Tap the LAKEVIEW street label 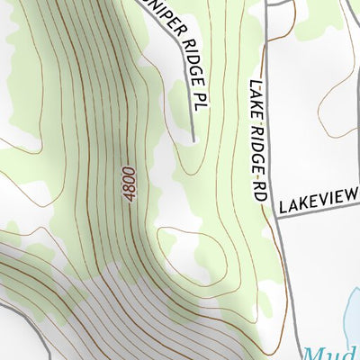click(x=319, y=200)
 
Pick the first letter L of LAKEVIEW click(x=283, y=208)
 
